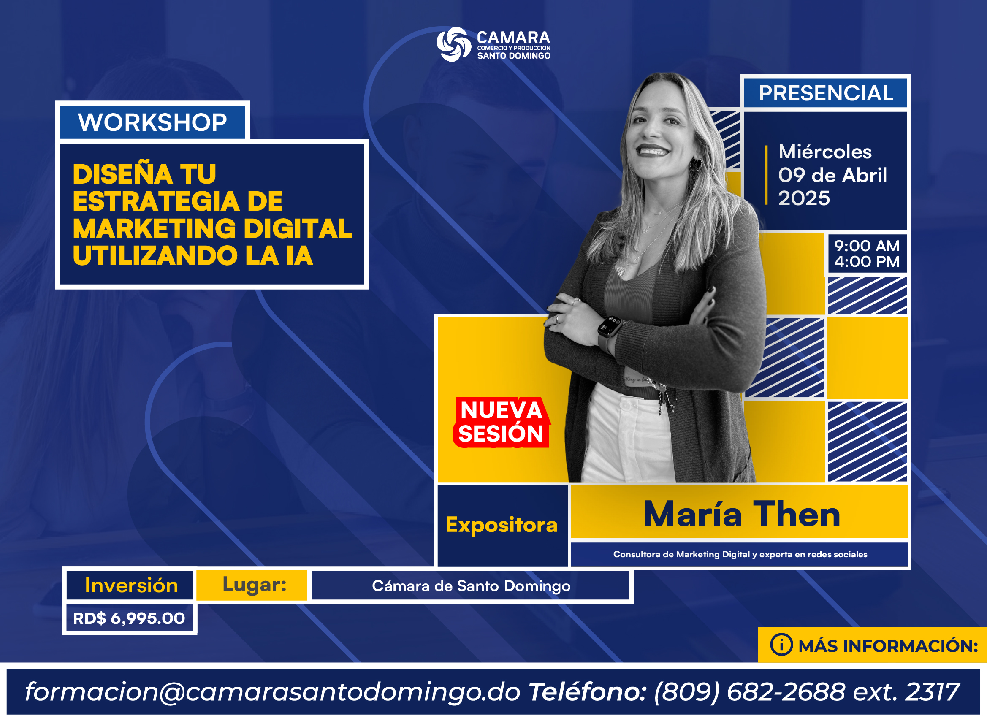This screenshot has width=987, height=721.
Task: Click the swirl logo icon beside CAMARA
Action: [454, 44]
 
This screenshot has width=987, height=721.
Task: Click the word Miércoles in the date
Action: [825, 152]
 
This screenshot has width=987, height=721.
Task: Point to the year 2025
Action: [804, 198]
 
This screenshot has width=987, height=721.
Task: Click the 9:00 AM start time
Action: [867, 246]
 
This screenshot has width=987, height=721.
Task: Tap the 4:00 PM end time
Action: [867, 261]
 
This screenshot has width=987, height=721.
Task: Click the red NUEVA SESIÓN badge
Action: [502, 422]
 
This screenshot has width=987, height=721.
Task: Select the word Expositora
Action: [502, 525]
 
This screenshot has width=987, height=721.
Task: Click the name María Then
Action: [742, 514]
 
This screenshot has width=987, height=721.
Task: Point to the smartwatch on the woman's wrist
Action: [609, 332]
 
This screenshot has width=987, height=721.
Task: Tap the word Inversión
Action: [131, 585]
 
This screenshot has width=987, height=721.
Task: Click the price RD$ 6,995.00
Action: [129, 618]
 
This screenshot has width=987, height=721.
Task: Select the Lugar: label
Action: [255, 585]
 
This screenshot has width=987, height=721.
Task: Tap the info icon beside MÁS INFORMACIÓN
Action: [781, 645]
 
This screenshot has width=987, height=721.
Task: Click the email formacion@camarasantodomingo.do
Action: [273, 692]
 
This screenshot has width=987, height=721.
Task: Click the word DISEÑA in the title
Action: [122, 174]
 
